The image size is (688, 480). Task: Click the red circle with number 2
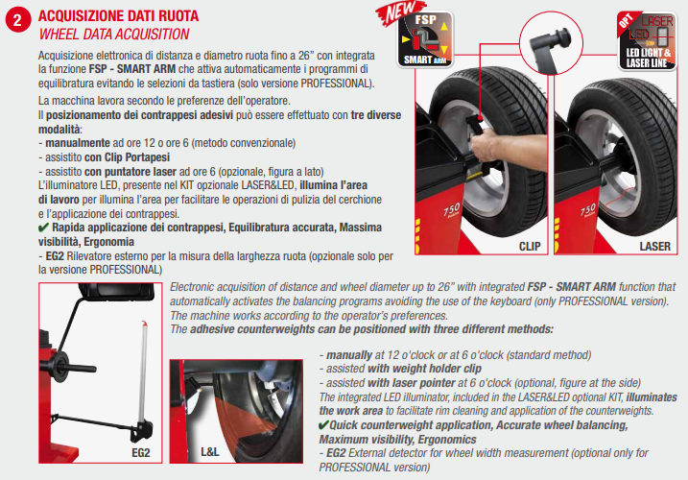coord(17,21)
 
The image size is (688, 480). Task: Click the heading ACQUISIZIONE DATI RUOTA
coord(118,16)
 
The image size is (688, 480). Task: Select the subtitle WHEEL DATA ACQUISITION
coord(114,35)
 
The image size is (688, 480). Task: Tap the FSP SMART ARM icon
coord(425,40)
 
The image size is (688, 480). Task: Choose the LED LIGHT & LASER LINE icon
coord(648,41)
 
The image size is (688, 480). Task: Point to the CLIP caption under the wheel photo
coord(530,247)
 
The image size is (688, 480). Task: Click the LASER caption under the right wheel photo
coord(654,247)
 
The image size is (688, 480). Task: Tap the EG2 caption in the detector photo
coord(141,452)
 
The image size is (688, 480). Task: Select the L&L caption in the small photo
coord(210,451)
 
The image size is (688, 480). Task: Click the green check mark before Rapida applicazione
coord(43,228)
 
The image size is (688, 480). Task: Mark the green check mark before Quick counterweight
coord(323,425)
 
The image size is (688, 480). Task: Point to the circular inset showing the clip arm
coord(551,43)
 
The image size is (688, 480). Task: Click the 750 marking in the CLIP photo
coord(452,210)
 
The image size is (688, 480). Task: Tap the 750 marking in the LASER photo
coord(587,210)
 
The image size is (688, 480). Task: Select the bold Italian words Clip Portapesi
coord(137,157)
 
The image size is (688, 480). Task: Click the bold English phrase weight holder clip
coord(424,369)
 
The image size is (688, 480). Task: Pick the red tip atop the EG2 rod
coord(144,324)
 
